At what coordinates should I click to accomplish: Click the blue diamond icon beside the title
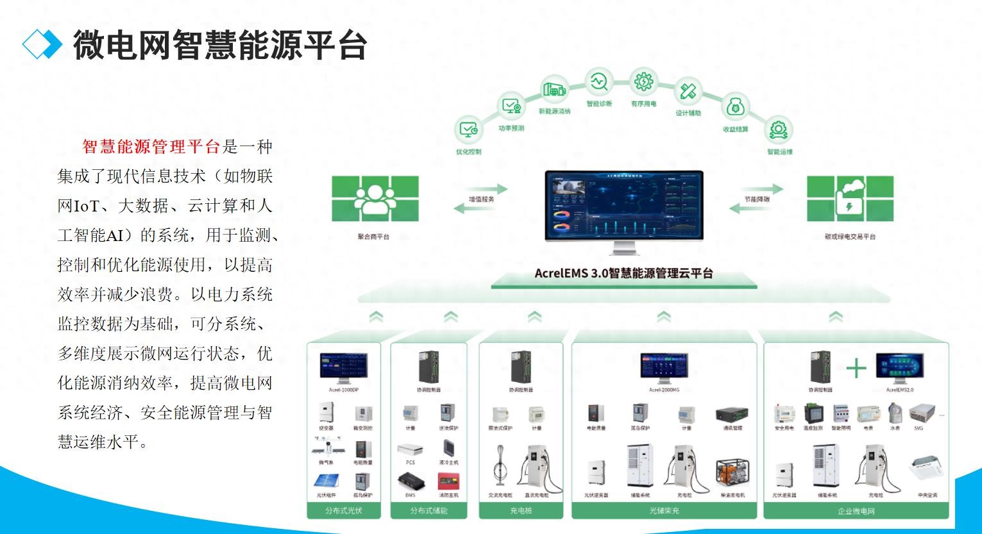click(x=42, y=44)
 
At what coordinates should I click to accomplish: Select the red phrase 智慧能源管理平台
click(x=151, y=147)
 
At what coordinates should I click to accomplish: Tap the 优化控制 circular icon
click(x=468, y=129)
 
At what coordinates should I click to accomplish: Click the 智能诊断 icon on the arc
click(x=599, y=82)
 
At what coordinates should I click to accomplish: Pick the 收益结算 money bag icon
click(x=736, y=107)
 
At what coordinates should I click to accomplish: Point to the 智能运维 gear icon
click(x=779, y=129)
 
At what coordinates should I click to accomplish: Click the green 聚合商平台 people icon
click(x=375, y=199)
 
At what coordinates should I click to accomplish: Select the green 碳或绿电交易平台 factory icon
click(x=849, y=199)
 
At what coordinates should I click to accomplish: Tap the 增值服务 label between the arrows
click(x=481, y=199)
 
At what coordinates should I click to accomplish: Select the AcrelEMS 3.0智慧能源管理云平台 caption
click(x=623, y=273)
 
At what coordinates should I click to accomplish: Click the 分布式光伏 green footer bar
click(x=344, y=511)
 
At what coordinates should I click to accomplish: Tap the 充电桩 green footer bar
click(x=521, y=511)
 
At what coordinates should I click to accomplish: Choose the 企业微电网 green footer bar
click(x=856, y=511)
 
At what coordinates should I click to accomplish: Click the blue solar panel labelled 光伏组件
click(x=326, y=481)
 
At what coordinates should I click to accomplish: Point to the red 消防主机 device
click(x=448, y=481)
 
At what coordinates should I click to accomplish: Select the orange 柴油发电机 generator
click(x=732, y=475)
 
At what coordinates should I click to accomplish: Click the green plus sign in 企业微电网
click(x=856, y=368)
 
